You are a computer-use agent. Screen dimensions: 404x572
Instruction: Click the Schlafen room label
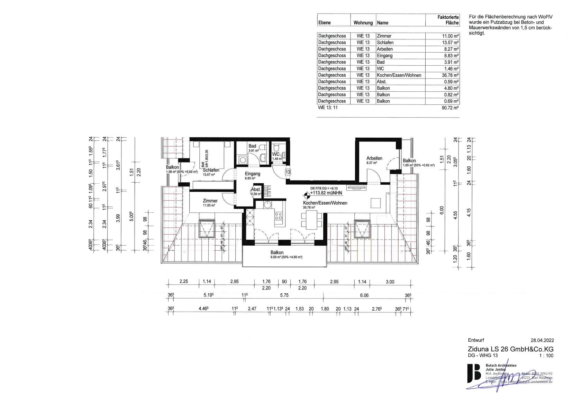[x=211, y=170]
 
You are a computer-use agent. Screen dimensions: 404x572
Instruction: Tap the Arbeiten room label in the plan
[x=374, y=158]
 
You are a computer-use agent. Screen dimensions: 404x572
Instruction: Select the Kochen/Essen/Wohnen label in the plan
[x=325, y=203]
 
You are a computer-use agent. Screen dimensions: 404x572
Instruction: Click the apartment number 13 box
[x=288, y=172]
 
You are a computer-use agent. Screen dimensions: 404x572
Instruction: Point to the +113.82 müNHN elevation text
[x=326, y=193]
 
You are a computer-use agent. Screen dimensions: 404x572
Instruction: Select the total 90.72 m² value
[x=450, y=108]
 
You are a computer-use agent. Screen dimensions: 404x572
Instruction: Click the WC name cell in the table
[x=380, y=68]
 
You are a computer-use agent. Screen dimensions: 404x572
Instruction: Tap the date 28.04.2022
[x=542, y=340]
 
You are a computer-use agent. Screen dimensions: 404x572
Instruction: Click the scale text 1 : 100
[x=546, y=356]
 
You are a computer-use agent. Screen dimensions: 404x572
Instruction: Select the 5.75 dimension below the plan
[x=284, y=295]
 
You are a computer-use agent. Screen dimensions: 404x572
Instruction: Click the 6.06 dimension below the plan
[x=364, y=295]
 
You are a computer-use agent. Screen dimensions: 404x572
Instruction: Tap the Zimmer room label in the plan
[x=210, y=201]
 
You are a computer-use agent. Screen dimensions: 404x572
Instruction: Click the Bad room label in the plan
[x=252, y=146]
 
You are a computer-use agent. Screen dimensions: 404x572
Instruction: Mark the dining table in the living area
[x=312, y=220]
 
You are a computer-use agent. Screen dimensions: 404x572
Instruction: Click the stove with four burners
[x=279, y=216]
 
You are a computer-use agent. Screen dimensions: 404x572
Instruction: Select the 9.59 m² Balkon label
[x=277, y=253]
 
